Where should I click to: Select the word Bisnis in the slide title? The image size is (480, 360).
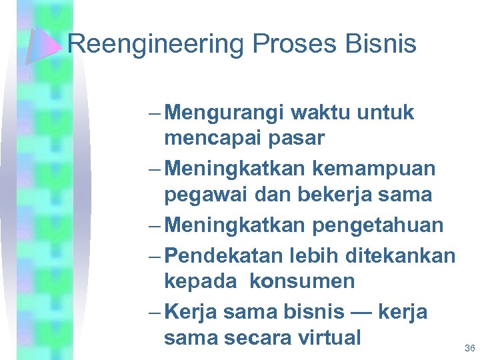[x=383, y=45]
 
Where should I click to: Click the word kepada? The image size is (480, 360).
[x=201, y=281]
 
